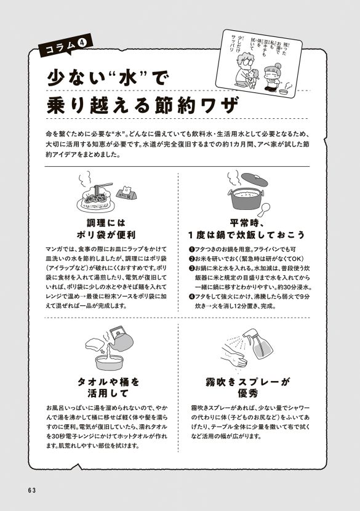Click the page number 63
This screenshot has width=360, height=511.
click(x=33, y=489)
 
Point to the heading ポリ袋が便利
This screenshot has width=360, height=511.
click(x=111, y=235)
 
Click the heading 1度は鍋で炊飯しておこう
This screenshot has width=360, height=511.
click(x=246, y=235)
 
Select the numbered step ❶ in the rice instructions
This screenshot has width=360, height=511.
click(x=191, y=249)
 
